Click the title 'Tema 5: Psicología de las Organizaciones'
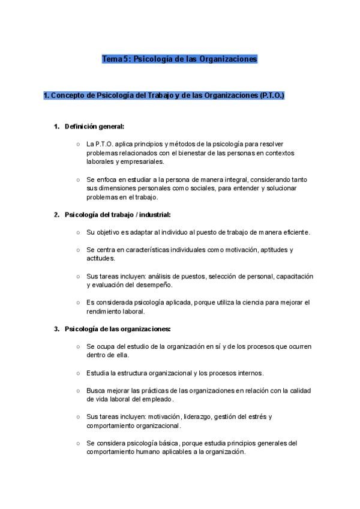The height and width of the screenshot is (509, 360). click(179, 59)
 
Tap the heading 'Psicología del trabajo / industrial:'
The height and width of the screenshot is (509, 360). click(118, 214)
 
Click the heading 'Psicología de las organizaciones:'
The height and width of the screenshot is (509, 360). click(118, 329)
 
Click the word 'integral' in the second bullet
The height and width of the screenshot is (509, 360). click(233, 179)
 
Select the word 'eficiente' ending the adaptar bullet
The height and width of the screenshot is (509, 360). click(296, 232)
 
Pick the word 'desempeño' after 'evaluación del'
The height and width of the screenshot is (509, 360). click(155, 285)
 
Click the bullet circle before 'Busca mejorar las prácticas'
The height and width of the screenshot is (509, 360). click(79, 390)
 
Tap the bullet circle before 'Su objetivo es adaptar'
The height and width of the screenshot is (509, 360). click(79, 232)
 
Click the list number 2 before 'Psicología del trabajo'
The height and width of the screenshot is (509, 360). click(56, 214)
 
